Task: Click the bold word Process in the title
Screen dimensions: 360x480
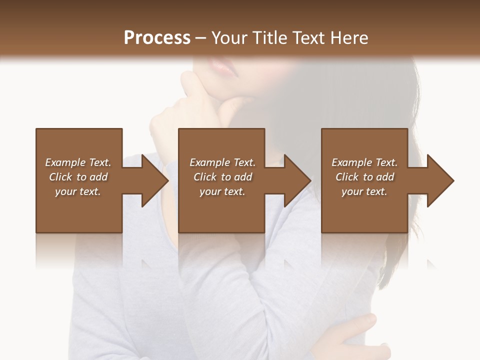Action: pyautogui.click(x=157, y=38)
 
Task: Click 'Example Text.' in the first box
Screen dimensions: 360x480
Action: pyautogui.click(x=78, y=162)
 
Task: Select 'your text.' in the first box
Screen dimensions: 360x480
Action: pyautogui.click(x=78, y=191)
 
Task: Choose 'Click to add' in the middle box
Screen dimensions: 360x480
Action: pyautogui.click(x=222, y=177)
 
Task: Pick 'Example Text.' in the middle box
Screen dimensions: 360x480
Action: pyautogui.click(x=222, y=162)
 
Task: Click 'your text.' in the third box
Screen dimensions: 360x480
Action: pyautogui.click(x=364, y=191)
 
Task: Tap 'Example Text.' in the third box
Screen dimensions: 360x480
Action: pyautogui.click(x=364, y=162)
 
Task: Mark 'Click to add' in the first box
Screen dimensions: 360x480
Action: pyautogui.click(x=78, y=177)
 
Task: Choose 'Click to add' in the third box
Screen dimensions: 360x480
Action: pyautogui.click(x=364, y=177)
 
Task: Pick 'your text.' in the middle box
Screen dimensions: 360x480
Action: pyautogui.click(x=222, y=191)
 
